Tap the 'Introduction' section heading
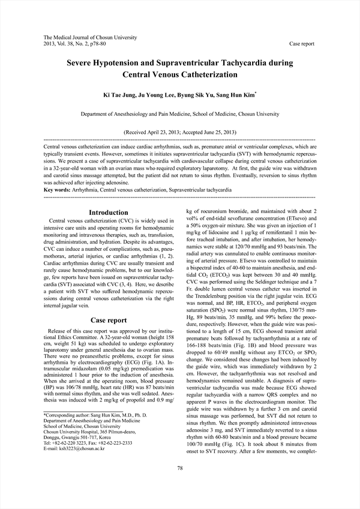point(108,212)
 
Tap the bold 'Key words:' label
point(58,190)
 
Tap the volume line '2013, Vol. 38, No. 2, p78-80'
point(76,44)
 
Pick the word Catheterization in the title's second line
point(207,75)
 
